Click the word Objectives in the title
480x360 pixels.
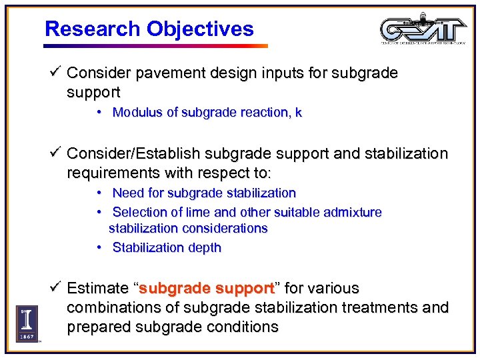pyautogui.click(x=200, y=29)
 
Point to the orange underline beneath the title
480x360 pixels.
pyautogui.click(x=155, y=46)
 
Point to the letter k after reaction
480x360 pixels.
pyautogui.click(x=298, y=112)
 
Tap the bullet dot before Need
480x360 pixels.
pyautogui.click(x=98, y=193)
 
